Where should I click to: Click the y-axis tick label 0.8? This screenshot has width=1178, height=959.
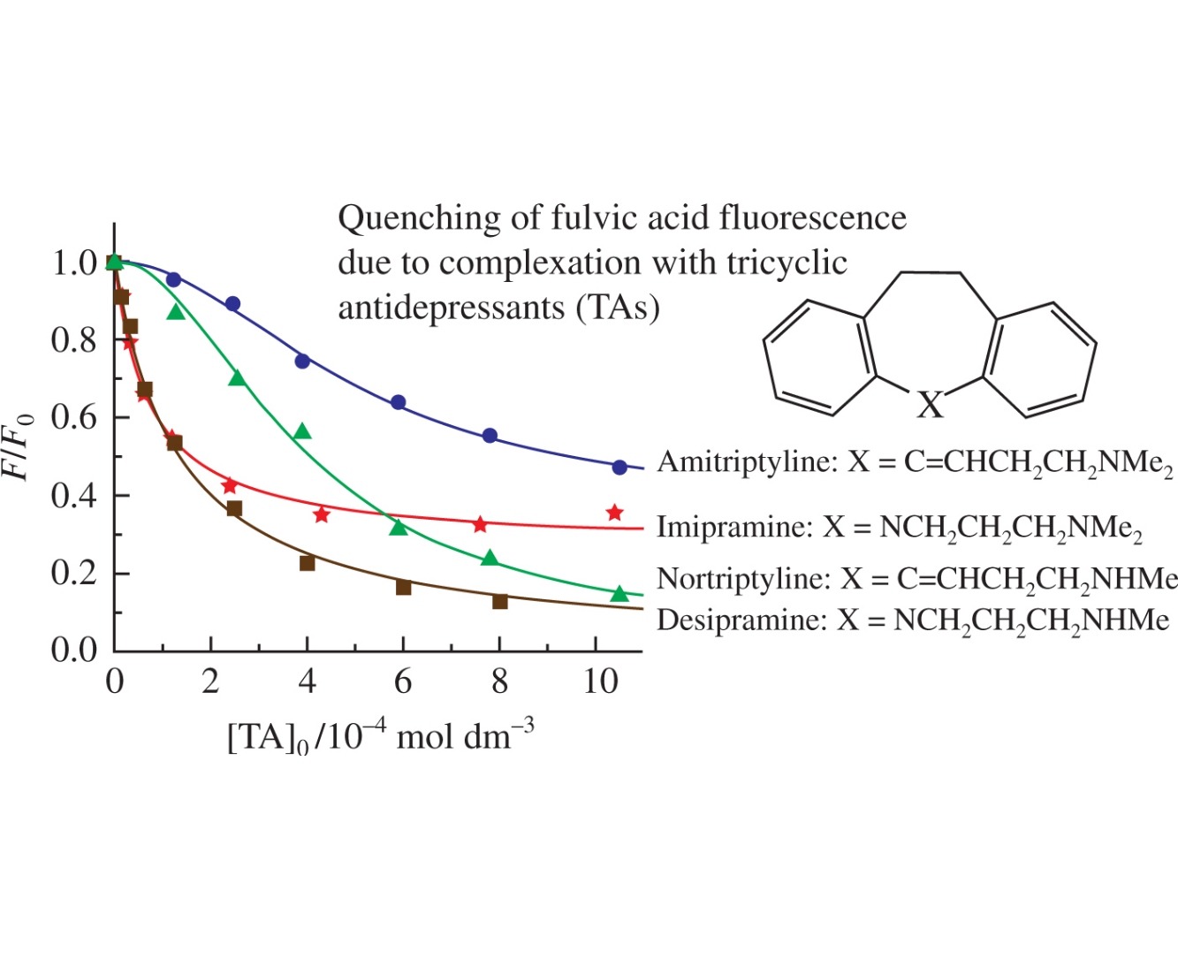[x=73, y=339]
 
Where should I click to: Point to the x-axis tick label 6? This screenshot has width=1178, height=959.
[x=403, y=681]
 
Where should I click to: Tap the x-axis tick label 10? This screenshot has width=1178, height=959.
[x=601, y=681]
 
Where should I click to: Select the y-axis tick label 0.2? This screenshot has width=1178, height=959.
[x=73, y=573]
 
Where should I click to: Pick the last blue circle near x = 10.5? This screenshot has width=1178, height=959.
[x=619, y=467]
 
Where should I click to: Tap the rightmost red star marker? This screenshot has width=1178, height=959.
[x=615, y=513]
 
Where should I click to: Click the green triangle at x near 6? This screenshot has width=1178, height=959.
[x=399, y=528]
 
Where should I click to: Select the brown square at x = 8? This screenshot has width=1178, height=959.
[x=500, y=601]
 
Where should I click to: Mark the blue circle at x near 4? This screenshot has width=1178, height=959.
[x=302, y=361]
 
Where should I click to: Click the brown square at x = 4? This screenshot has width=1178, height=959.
[x=308, y=562]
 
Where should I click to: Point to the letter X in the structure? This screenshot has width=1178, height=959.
[x=930, y=405]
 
